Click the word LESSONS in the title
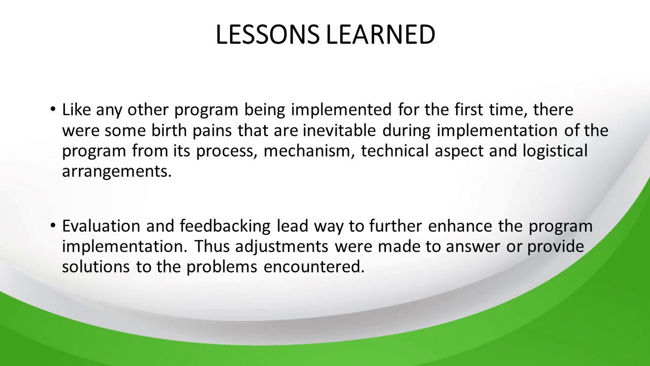point(268,34)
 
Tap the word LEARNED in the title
point(380,34)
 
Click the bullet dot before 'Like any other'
point(52,109)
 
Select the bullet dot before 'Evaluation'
point(52,225)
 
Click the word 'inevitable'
point(340,131)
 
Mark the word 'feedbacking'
point(225,227)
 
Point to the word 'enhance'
point(460,226)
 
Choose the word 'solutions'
point(96,267)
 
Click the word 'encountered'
point(314,267)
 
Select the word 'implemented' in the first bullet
point(342,110)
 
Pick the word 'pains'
point(212,131)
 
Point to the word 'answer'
point(473,247)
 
